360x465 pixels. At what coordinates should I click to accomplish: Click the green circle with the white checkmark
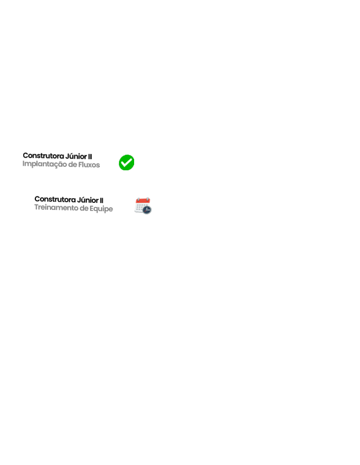click(x=127, y=163)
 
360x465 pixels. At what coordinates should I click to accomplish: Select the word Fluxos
click(x=89, y=164)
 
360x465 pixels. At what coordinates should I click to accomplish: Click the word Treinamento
click(x=56, y=208)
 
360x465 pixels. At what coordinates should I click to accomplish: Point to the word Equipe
click(x=102, y=209)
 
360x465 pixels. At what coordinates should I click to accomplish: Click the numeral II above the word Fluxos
click(x=90, y=156)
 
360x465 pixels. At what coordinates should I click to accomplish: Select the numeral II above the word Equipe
click(x=102, y=200)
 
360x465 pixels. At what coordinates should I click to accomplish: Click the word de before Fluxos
click(x=73, y=164)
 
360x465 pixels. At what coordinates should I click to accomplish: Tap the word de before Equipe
click(x=84, y=208)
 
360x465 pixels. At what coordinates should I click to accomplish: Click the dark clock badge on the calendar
click(x=147, y=210)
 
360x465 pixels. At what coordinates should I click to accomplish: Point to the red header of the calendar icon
click(x=143, y=201)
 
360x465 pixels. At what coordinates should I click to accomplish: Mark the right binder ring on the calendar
click(x=147, y=199)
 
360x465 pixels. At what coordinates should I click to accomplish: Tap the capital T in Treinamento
click(x=37, y=207)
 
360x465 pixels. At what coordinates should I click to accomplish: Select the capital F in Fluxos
click(x=80, y=164)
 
